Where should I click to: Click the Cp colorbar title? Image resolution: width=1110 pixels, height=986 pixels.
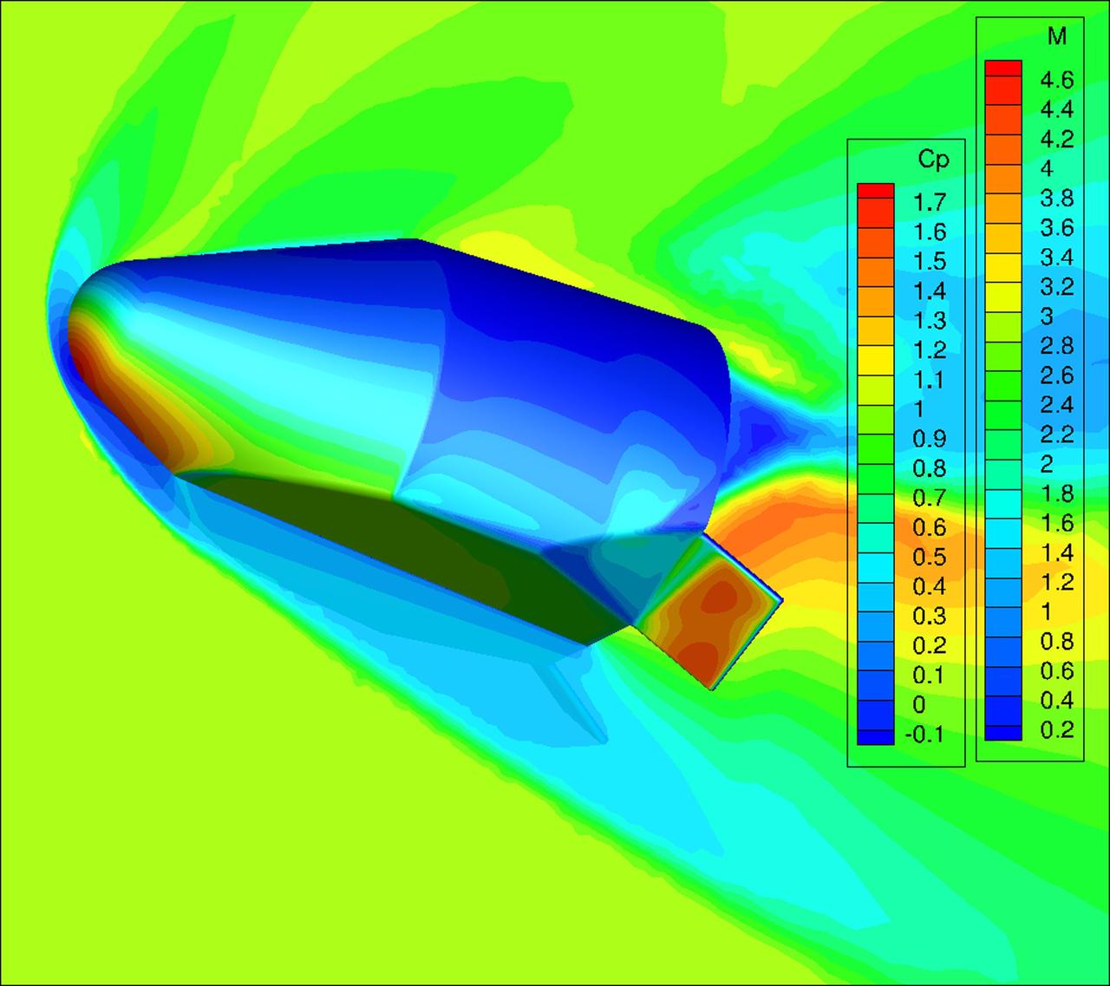pos(933,160)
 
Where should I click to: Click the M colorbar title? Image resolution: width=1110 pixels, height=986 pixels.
pos(1056,36)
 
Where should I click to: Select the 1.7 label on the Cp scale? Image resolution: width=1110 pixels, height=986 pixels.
pos(929,203)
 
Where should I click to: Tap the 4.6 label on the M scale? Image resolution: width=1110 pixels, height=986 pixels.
pos(1056,81)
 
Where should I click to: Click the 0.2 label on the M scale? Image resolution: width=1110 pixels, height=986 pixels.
pos(1056,729)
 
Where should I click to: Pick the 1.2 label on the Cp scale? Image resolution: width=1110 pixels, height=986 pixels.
pos(929,350)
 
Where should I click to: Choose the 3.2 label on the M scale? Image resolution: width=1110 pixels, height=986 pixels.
pos(1056,287)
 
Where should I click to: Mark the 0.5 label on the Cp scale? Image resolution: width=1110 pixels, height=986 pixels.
pos(929,557)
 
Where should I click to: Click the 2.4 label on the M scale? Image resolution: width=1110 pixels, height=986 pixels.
pos(1056,405)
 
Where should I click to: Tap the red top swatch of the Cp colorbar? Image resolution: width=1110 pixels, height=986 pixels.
pos(874,192)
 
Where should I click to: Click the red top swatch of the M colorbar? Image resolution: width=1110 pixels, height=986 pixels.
pos(1002,69)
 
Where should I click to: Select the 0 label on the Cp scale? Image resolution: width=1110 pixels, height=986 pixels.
pos(919,704)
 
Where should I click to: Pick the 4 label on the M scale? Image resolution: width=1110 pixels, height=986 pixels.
pos(1047,169)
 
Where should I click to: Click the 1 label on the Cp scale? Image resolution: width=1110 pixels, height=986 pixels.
pos(918,409)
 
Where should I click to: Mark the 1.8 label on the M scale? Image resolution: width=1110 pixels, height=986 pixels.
pos(1056,493)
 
